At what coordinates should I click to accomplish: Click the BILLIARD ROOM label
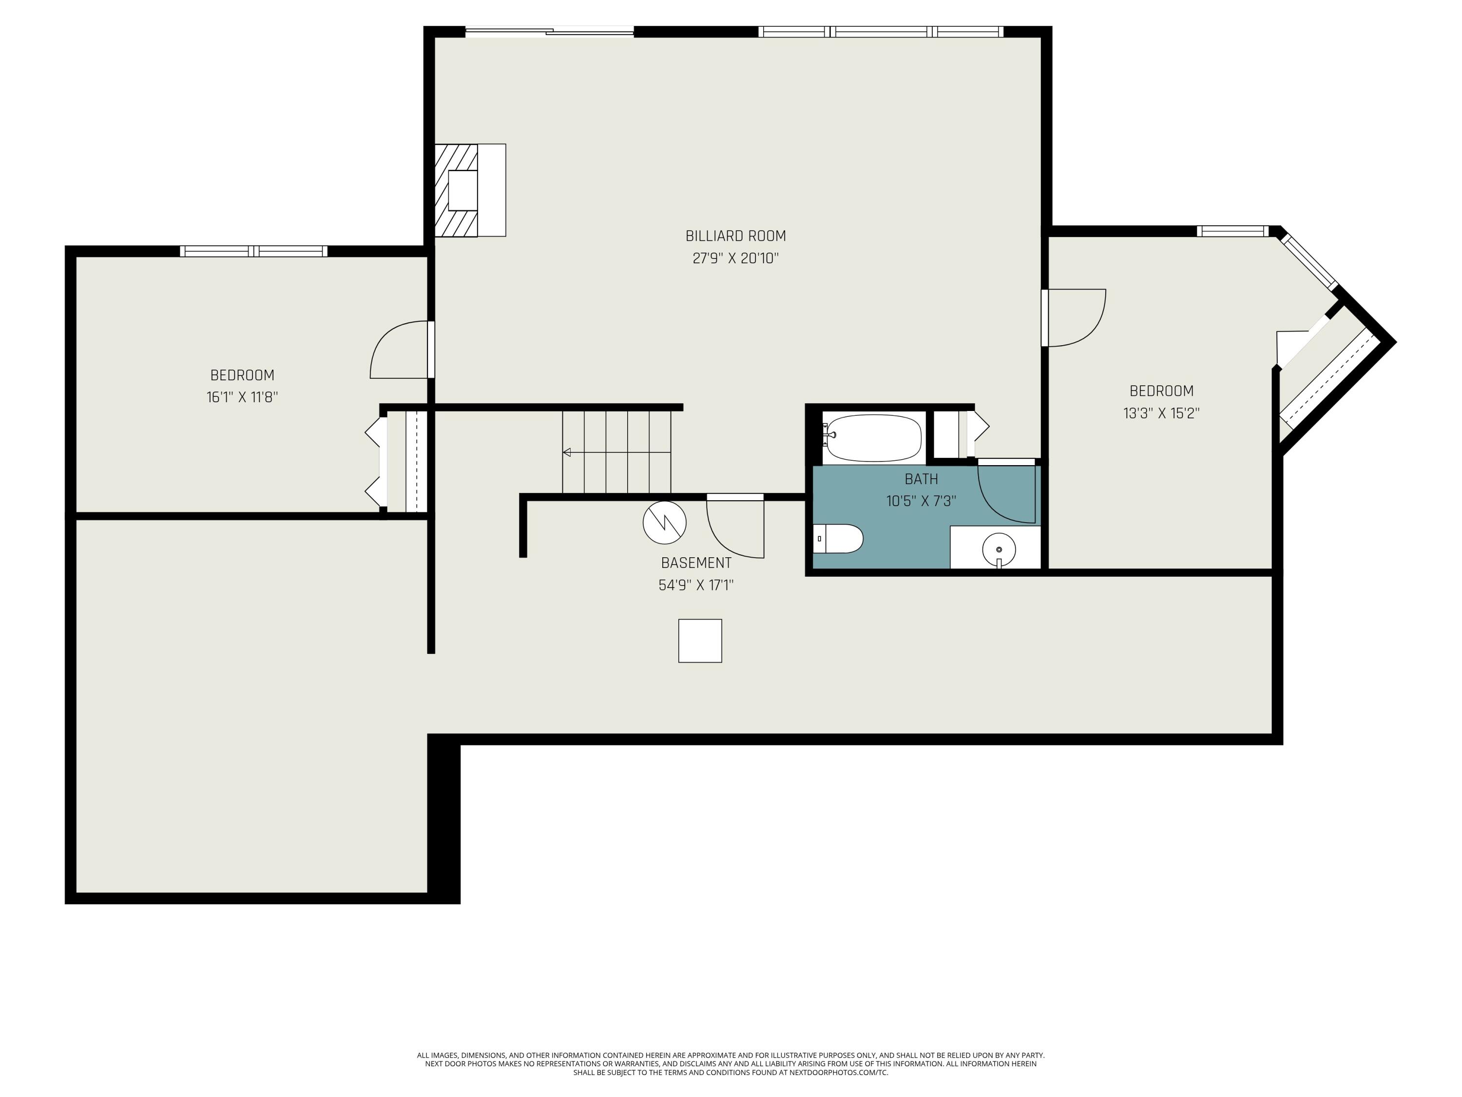(735, 236)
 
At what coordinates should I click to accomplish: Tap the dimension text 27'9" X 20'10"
(735, 258)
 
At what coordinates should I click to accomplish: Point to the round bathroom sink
(999, 549)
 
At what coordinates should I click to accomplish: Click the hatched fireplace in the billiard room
(456, 191)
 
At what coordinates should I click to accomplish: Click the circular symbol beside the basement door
(664, 522)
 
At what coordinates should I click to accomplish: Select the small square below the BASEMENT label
(700, 640)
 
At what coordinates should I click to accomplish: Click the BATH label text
(921, 479)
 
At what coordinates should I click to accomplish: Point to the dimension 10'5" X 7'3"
(921, 501)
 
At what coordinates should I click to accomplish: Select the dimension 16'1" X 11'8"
(242, 397)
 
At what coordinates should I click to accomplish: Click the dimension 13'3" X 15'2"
(1161, 413)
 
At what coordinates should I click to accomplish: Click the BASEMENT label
(696, 563)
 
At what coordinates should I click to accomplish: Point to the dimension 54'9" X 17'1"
(696, 585)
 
